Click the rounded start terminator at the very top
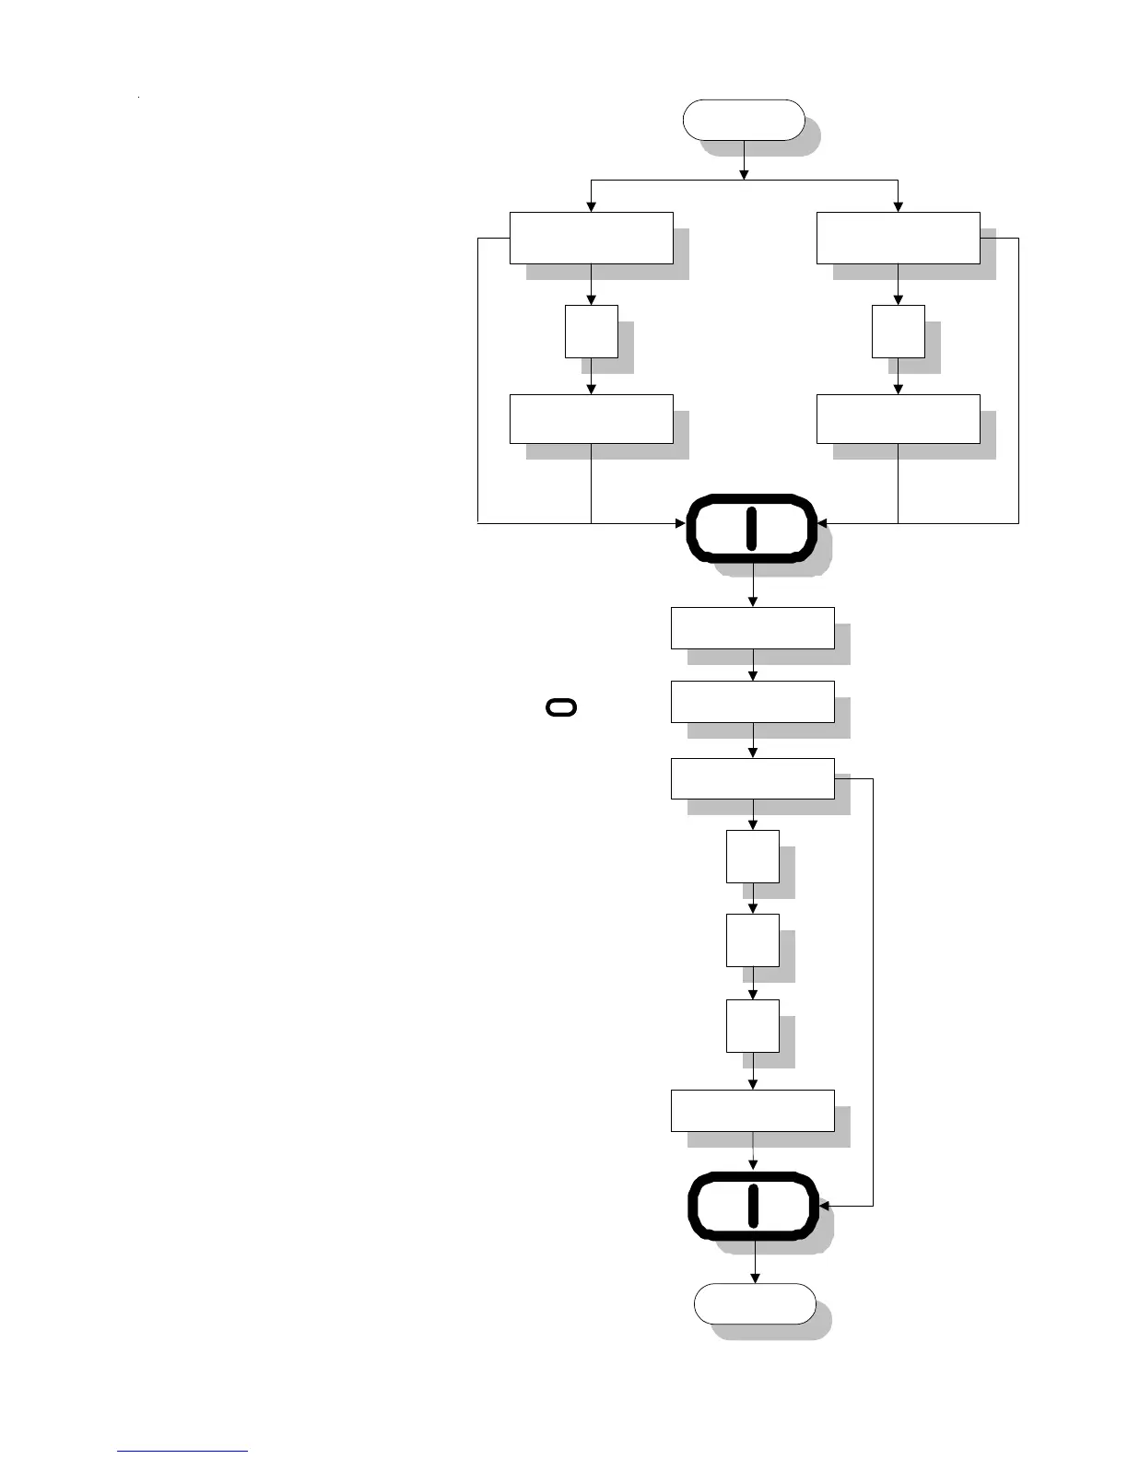tap(743, 120)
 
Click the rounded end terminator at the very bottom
tap(754, 1303)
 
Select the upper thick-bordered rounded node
tap(752, 528)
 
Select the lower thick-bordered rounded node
tap(754, 1207)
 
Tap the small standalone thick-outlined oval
tap(561, 707)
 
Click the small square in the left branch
tap(591, 332)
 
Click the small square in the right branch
tap(898, 332)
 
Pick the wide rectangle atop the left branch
tap(591, 238)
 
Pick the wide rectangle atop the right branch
tap(898, 238)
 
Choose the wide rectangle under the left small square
tap(591, 419)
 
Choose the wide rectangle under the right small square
tap(898, 419)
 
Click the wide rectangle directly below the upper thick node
tap(752, 628)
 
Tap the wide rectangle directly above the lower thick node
tap(752, 1111)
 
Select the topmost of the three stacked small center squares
tap(752, 857)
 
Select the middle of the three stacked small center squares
tap(752, 940)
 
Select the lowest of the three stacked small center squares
tap(752, 1026)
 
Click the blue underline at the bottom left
tap(182, 1452)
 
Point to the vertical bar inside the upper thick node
tap(751, 528)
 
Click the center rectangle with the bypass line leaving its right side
tap(752, 778)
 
